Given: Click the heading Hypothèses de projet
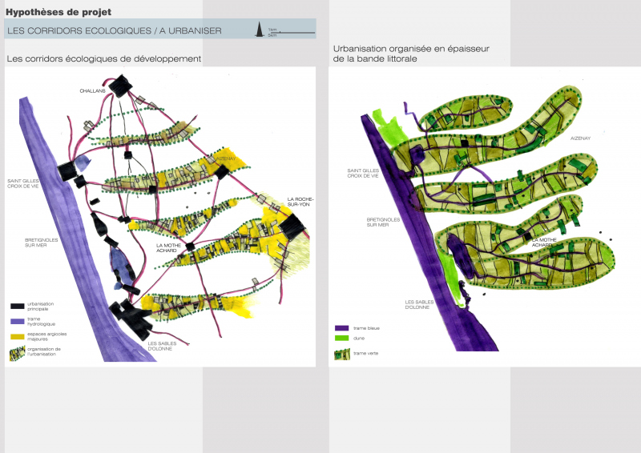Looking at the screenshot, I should (58, 11).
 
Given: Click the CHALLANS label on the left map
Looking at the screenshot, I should (93, 91).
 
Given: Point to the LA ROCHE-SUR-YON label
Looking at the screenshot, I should (300, 202).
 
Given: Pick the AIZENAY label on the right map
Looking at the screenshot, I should (582, 138).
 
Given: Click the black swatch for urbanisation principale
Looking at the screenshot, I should (18, 306).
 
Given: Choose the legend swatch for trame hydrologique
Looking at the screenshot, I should (18, 320).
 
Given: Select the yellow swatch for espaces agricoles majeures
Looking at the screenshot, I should (18, 335).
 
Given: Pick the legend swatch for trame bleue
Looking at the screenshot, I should (341, 327).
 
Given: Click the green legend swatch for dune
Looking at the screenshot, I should (341, 339).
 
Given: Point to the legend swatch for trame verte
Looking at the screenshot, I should (341, 352).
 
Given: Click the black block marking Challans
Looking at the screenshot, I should (120, 86).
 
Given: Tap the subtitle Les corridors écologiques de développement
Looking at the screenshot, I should (103, 59).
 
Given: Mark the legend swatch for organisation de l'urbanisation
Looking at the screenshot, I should (18, 350).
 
